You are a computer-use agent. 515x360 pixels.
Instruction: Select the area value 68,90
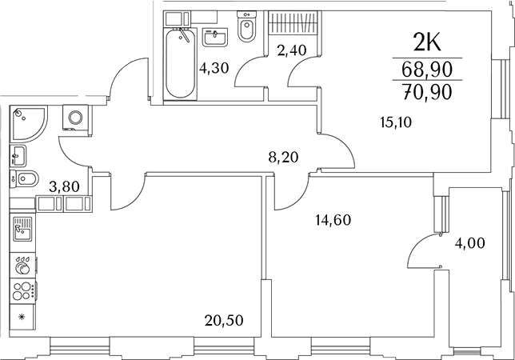(425, 70)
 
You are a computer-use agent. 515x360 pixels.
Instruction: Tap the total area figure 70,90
(425, 91)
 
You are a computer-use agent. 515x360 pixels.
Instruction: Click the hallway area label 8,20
(283, 158)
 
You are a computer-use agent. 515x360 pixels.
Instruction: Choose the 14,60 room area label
(333, 219)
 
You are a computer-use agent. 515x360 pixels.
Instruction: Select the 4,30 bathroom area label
(214, 68)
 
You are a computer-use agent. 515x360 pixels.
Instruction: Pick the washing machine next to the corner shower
(76, 118)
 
